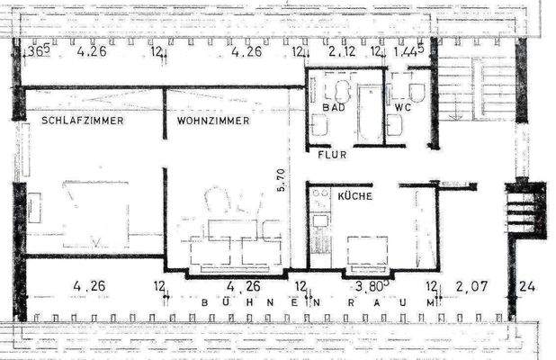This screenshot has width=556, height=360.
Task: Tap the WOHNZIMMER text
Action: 213,121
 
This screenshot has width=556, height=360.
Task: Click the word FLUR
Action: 332,155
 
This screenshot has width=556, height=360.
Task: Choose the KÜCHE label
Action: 355,194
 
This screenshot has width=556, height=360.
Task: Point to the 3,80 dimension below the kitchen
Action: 370,287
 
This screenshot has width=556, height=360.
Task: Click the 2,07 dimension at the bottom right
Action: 471,287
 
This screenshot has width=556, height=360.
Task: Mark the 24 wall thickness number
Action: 528,287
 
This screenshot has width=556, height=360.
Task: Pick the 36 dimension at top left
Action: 38,52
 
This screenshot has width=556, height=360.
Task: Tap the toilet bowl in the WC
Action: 417,91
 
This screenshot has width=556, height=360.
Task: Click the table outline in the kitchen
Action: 367,251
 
